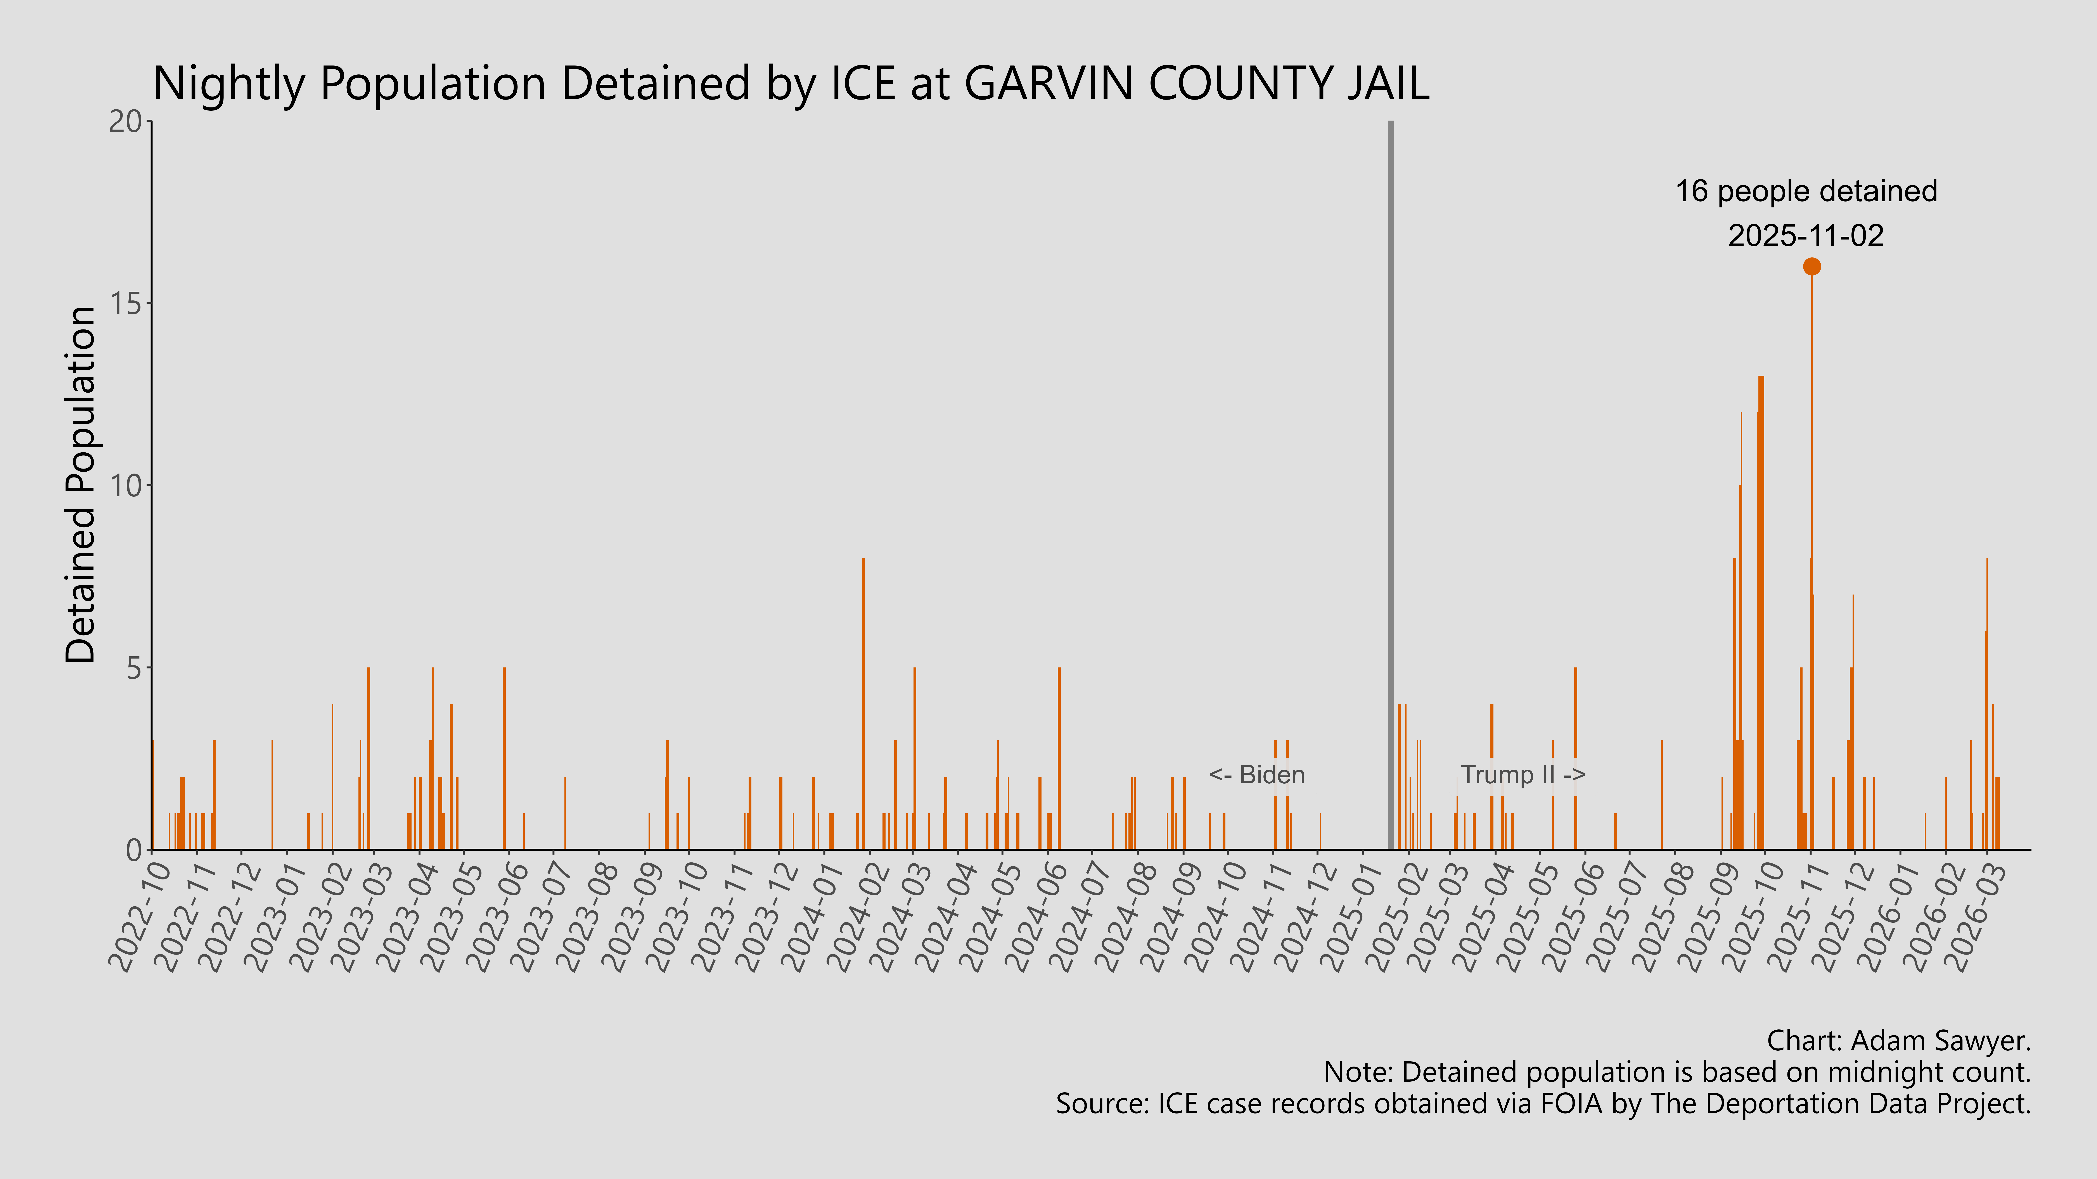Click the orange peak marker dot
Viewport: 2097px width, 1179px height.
pos(1811,266)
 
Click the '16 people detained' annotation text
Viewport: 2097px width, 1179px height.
pos(1806,191)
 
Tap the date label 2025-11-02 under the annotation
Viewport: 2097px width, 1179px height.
pos(1806,236)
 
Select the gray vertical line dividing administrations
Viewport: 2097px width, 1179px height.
pos(1390,488)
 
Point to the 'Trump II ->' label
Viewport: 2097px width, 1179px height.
pos(1522,775)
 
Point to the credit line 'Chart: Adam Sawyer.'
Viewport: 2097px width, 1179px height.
pos(1898,1041)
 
